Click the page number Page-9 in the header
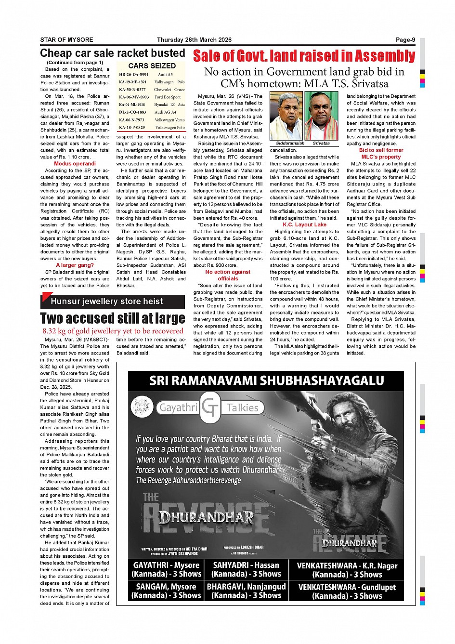click(x=405, y=40)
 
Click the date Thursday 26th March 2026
click(x=194, y=40)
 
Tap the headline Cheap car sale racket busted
click(x=113, y=53)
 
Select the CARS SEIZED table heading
click(x=152, y=66)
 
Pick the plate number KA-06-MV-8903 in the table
click(x=134, y=97)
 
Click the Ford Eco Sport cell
click(x=168, y=97)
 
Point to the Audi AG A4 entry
click(x=165, y=112)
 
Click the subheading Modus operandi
click(x=75, y=164)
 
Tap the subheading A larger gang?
click(x=75, y=265)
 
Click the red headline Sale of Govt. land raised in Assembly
click(x=304, y=56)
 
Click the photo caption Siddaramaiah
click(x=290, y=143)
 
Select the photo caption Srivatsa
click(x=321, y=143)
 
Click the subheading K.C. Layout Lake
click(x=304, y=224)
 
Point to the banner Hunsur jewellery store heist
click(x=107, y=302)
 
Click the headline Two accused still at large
click(x=113, y=318)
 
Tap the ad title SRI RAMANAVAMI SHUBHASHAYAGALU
click(x=266, y=381)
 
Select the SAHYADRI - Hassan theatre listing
click(x=246, y=569)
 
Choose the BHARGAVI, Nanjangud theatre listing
click(x=246, y=591)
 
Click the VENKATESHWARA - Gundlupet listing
click(x=347, y=591)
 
